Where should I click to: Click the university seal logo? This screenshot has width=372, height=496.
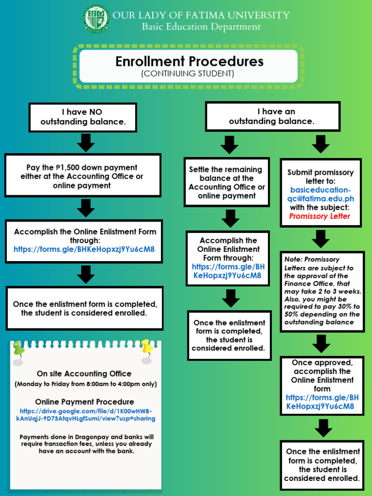[x=96, y=19]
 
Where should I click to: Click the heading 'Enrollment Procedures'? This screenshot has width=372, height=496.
[x=189, y=62]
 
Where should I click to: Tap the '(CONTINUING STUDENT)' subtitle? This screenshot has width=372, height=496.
[x=188, y=74]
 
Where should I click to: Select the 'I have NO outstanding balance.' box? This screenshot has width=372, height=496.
[x=83, y=117]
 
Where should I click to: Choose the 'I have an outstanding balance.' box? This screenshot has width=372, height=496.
[x=272, y=116]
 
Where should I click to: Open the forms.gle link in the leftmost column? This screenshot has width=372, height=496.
[x=84, y=249]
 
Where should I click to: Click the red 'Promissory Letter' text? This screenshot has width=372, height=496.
[x=319, y=216]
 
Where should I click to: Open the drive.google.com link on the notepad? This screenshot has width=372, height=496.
[x=85, y=415]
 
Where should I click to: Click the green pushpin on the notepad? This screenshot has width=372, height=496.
[x=18, y=349]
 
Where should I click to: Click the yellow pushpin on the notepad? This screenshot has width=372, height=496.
[x=146, y=347]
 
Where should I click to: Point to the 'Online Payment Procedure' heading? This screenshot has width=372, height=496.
[x=85, y=402]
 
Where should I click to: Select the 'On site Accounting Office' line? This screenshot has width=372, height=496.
[x=84, y=373]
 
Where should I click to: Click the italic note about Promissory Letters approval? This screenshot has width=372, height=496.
[x=322, y=291]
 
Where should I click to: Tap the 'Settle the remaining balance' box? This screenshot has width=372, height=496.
[x=227, y=183]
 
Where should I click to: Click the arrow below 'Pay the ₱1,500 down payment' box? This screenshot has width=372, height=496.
[x=85, y=208]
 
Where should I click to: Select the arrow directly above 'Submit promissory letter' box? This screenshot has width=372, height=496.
[x=321, y=144]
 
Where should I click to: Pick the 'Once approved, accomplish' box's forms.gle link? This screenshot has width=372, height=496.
[x=322, y=402]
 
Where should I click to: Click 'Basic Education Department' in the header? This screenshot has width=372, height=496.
[x=201, y=27]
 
